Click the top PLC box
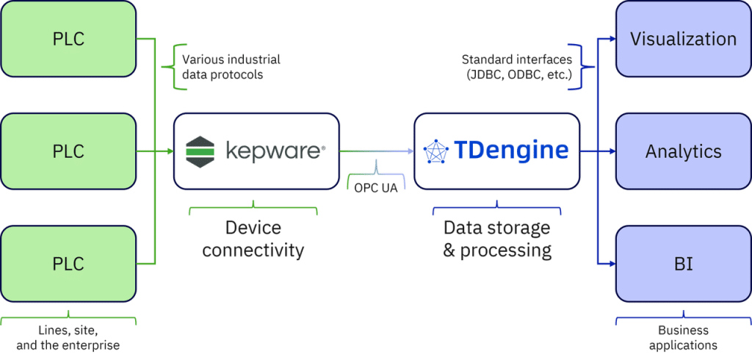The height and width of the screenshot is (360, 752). (68, 38)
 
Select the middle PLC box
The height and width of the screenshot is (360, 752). (68, 151)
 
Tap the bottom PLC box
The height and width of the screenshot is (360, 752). (68, 264)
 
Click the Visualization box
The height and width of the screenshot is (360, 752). (683, 38)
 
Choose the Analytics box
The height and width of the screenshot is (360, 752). (683, 151)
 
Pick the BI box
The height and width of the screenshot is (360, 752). (683, 264)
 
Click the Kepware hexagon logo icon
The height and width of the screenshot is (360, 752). (198, 151)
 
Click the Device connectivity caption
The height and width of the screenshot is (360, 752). (253, 239)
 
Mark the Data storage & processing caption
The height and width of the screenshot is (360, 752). (496, 239)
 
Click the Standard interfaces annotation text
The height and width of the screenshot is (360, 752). (517, 66)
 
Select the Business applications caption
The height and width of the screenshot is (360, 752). (682, 339)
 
